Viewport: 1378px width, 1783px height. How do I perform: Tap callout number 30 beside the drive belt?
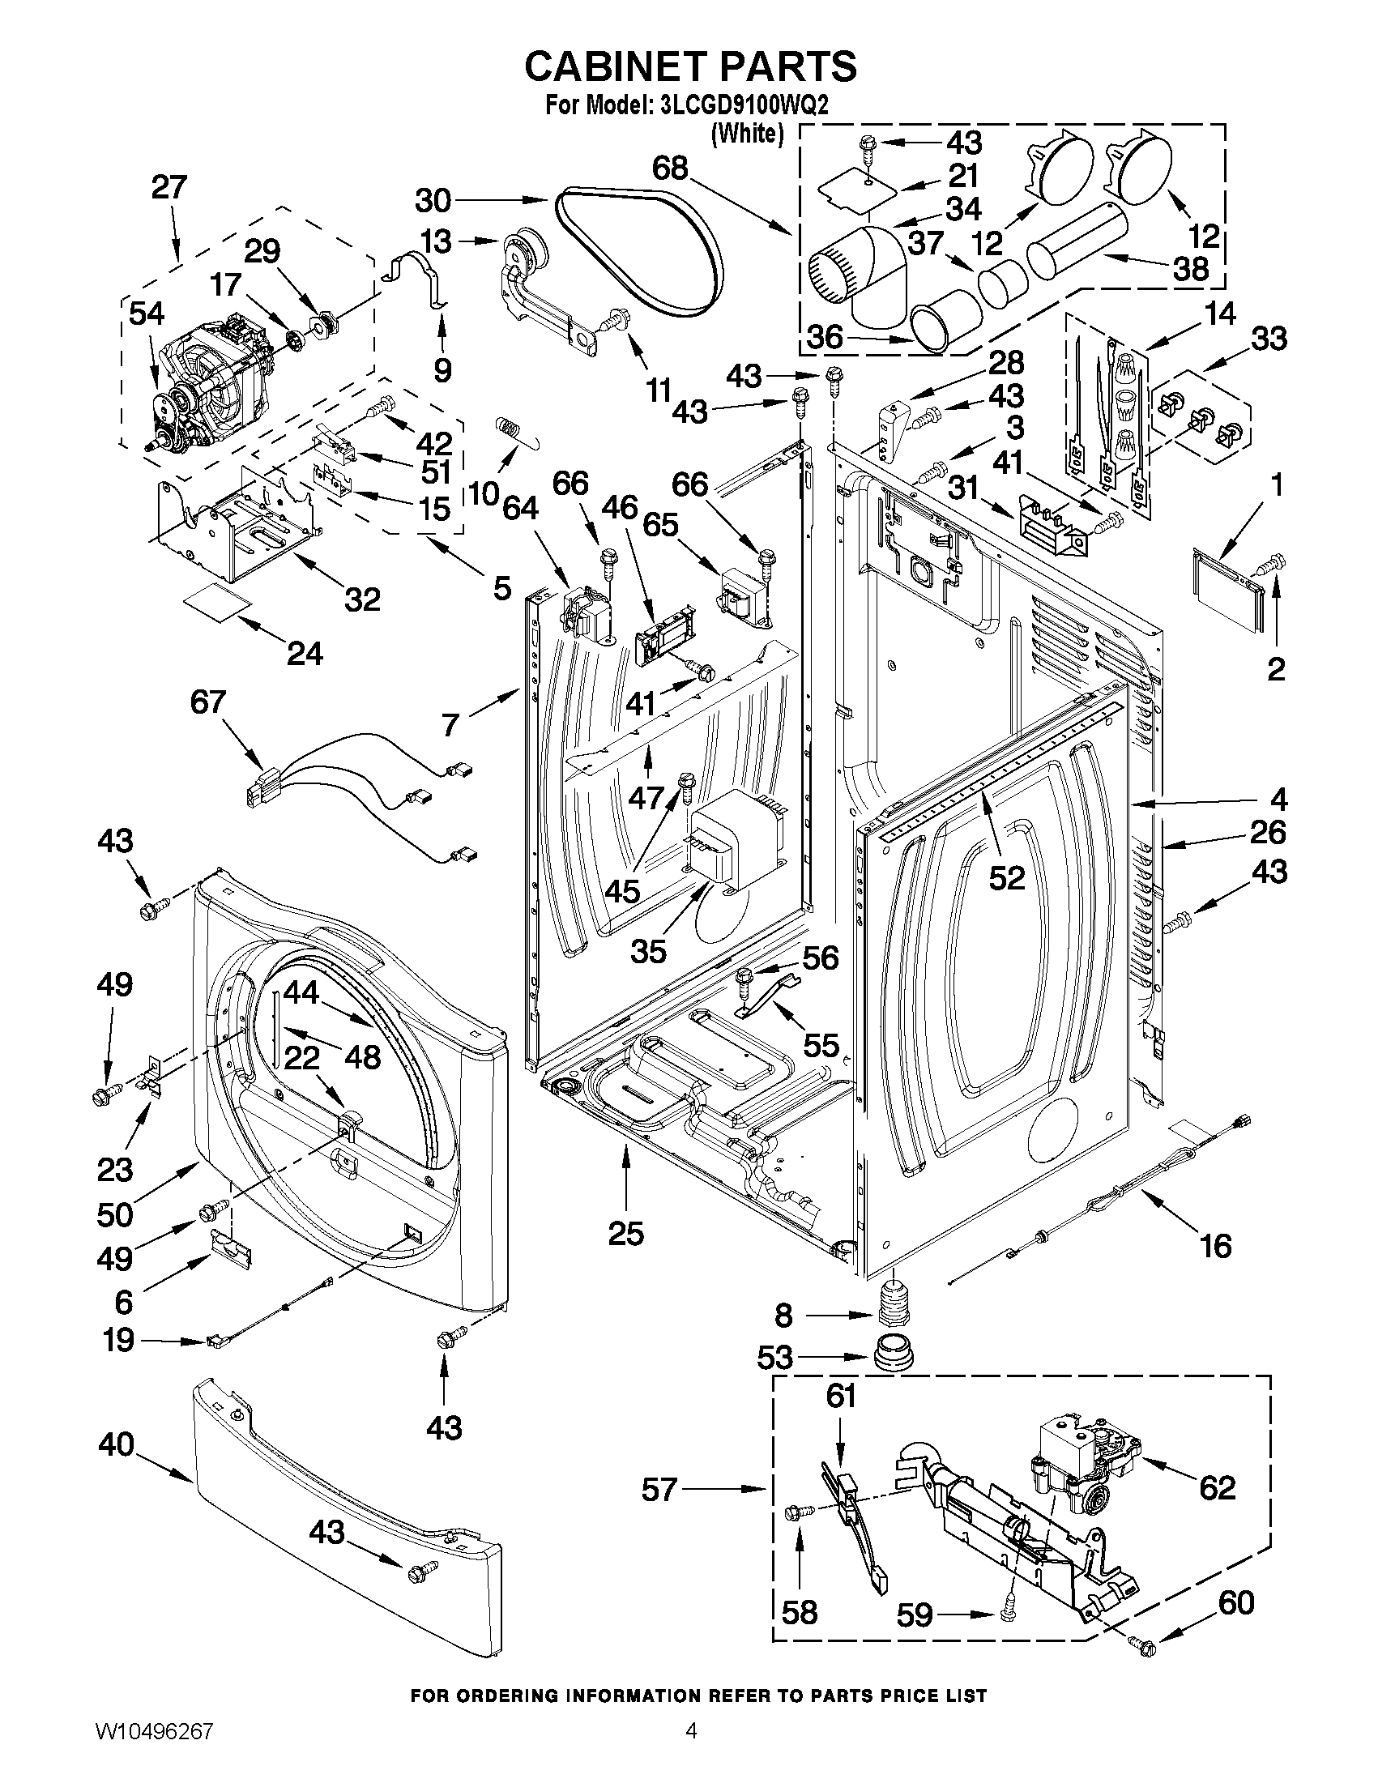[433, 200]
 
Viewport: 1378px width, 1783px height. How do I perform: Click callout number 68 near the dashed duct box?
[669, 168]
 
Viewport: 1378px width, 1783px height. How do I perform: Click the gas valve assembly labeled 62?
[1077, 1469]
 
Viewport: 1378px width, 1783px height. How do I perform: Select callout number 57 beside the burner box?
[659, 1490]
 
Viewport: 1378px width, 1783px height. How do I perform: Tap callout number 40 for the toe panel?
[116, 1444]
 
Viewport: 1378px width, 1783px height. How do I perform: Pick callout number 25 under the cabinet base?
[625, 1233]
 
